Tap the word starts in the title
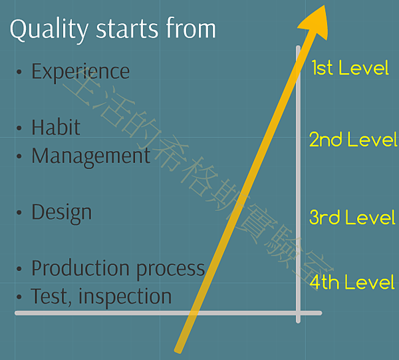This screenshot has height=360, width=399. click(x=127, y=29)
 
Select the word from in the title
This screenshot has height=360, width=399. click(x=191, y=27)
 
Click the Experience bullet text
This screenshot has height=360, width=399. click(x=80, y=73)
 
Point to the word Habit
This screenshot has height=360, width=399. click(x=56, y=126)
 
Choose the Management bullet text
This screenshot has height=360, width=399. click(x=91, y=156)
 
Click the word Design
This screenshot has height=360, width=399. click(x=62, y=214)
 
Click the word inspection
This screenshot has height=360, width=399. click(x=125, y=296)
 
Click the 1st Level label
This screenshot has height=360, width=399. click(x=350, y=68)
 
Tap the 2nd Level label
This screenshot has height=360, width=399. click(x=353, y=139)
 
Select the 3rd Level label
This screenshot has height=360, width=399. click(x=352, y=217)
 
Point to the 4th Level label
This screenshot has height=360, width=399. click(x=352, y=282)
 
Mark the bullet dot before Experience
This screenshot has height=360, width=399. click(x=19, y=72)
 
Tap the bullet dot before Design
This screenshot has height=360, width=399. click(x=19, y=212)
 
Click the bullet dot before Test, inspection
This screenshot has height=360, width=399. click(x=19, y=297)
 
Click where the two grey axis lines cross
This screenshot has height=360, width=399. click(x=298, y=313)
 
